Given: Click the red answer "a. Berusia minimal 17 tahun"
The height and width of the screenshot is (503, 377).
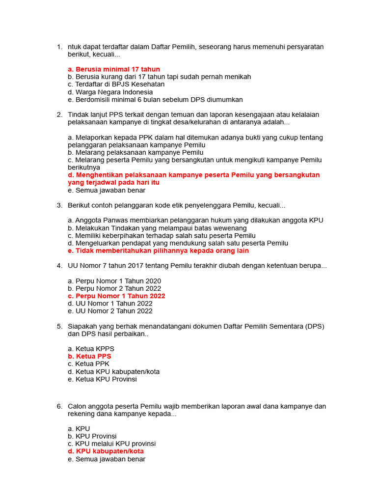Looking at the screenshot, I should [114, 69].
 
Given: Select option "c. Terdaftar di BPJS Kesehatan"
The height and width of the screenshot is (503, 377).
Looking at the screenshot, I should [116, 84].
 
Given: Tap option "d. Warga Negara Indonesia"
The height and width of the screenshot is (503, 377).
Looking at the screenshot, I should [110, 92].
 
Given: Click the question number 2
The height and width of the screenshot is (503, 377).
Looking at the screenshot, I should [59, 114].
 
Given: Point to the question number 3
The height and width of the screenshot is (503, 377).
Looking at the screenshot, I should [59, 205].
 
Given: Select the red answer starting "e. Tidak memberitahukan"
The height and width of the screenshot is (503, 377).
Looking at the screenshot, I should [159, 251].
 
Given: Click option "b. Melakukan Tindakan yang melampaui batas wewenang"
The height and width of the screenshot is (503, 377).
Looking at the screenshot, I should [157, 228].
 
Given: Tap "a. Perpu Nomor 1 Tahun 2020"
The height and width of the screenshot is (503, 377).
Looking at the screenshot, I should [114, 281].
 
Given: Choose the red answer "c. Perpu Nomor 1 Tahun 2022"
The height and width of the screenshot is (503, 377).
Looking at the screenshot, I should [117, 296].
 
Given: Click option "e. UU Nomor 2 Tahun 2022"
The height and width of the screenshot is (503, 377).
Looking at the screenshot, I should [110, 311].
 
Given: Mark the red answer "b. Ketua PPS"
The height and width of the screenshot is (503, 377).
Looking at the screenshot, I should [90, 356].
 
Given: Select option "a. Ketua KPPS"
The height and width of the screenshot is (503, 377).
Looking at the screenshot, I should [91, 349].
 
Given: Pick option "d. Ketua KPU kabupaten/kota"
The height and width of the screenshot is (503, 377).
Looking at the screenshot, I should [114, 371].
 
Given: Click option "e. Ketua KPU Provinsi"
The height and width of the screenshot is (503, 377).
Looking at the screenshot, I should [103, 379].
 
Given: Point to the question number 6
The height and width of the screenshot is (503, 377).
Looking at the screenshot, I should [59, 406].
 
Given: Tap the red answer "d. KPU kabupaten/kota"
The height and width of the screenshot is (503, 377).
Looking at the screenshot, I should [106, 451].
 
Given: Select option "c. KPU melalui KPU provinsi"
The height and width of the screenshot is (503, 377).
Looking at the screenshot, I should [112, 444].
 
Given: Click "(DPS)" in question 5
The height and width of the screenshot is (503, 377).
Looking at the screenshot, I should [314, 326].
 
